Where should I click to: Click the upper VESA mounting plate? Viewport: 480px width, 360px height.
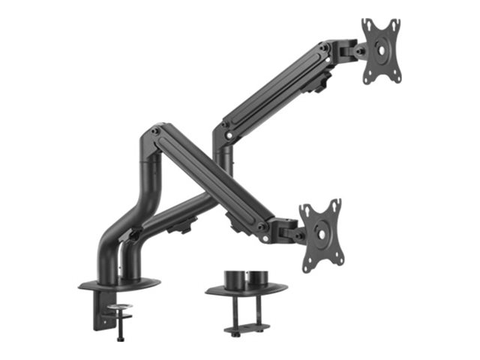pos(380,50)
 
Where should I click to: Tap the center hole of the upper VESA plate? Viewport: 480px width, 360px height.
pos(381,52)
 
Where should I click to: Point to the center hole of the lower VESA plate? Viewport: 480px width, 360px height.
pos(321,233)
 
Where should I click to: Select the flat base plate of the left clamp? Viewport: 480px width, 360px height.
pos(120,285)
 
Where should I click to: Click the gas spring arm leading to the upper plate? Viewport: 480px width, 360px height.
pos(277,86)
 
